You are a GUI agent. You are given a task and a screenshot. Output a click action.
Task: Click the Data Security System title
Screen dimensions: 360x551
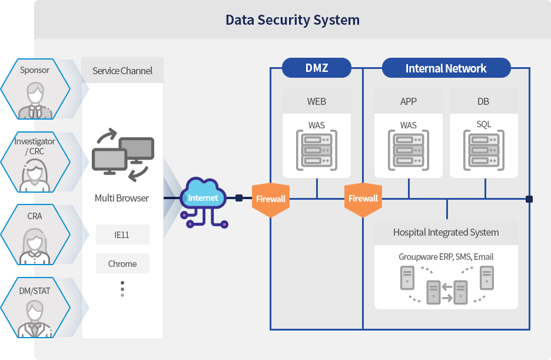click(292, 20)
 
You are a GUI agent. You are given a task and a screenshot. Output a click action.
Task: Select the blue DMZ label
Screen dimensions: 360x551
click(317, 68)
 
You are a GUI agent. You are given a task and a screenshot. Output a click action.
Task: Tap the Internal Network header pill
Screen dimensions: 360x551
click(446, 68)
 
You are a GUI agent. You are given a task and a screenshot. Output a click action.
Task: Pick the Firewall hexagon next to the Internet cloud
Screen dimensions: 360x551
click(271, 199)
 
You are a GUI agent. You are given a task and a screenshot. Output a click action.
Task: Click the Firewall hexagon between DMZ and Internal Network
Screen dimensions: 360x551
click(363, 199)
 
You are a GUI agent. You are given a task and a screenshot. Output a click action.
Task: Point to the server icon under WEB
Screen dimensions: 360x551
click(317, 150)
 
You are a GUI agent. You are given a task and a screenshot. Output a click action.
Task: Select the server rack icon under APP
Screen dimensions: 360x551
click(409, 150)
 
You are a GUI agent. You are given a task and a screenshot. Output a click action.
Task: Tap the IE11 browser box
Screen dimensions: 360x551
click(122, 235)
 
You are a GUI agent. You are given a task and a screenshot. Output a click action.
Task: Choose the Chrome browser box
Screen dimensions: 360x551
click(122, 263)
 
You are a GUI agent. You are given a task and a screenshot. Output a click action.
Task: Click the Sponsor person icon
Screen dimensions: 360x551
click(35, 100)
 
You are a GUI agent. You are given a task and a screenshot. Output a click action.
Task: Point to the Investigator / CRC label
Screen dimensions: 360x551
click(35, 146)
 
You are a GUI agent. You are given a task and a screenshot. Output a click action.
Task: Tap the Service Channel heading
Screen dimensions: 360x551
click(122, 71)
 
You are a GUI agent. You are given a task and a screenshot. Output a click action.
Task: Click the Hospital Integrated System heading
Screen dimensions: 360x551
click(446, 233)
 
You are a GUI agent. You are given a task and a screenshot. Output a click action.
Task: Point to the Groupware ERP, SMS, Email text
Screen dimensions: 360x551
click(446, 257)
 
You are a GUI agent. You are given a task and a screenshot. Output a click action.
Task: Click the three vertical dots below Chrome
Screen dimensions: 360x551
click(122, 289)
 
